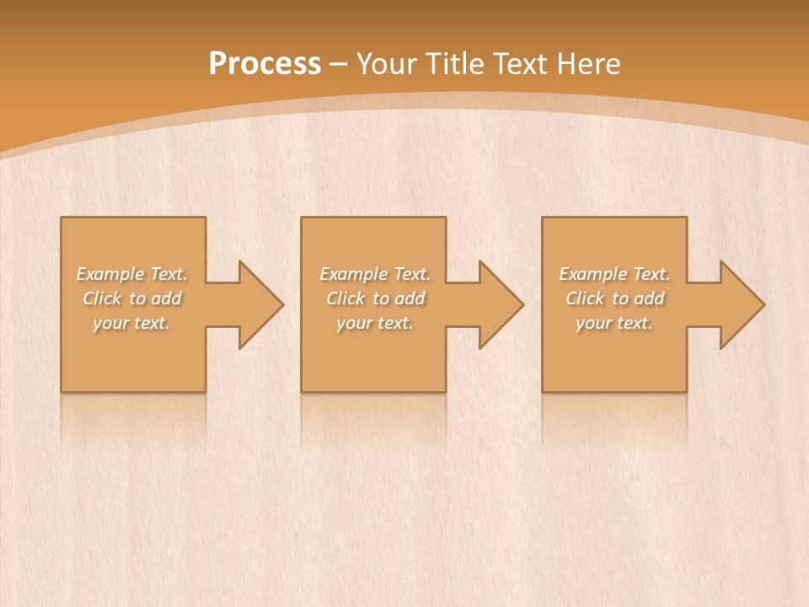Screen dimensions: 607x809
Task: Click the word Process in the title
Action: pos(265,63)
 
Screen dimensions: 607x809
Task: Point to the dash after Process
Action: pos(339,64)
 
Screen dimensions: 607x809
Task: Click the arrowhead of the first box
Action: pos(261,304)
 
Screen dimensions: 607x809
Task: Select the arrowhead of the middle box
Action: pos(501,304)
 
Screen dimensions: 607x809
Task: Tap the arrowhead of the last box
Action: pos(742,304)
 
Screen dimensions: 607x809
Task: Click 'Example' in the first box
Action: pos(110,274)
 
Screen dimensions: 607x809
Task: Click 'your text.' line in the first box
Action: pos(131,323)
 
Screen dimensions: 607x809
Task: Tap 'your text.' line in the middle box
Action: pos(375,323)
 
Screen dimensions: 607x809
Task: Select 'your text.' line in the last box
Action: pos(614,323)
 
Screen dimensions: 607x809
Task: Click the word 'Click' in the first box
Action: pos(101,298)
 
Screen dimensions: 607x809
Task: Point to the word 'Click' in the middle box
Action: pos(345,298)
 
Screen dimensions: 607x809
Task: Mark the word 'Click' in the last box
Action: pos(584,298)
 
